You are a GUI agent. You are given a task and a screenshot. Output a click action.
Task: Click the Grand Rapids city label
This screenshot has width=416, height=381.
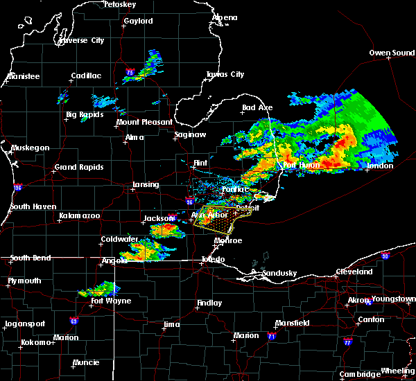click(79, 167)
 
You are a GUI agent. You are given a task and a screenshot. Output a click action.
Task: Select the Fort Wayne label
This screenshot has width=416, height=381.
click(112, 301)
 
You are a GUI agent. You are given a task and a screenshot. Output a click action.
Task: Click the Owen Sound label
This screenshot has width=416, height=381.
click(391, 53)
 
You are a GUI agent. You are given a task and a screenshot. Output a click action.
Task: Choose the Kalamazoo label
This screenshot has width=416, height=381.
click(80, 216)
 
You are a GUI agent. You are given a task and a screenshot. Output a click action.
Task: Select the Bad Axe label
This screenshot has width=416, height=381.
click(257, 108)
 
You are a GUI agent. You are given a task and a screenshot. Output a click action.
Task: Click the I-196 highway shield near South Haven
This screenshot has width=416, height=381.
click(17, 188)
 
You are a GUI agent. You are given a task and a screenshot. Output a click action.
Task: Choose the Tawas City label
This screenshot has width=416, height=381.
click(225, 75)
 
